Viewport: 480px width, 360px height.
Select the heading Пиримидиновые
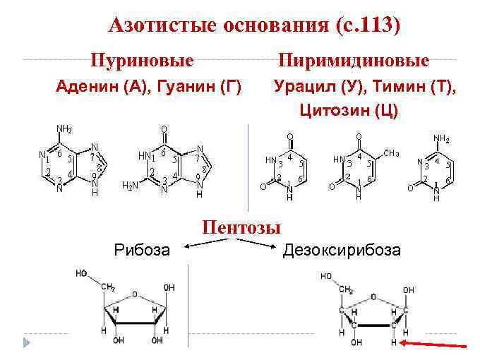pos(354,59)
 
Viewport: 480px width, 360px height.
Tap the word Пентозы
pos(241,227)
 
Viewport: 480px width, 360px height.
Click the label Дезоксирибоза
pos(342,250)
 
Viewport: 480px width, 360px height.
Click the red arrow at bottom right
pos(433,344)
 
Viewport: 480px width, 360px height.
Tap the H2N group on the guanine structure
pos(131,186)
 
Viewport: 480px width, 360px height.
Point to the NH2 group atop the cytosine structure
pos(442,138)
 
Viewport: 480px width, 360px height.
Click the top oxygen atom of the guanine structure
pos(164,130)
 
